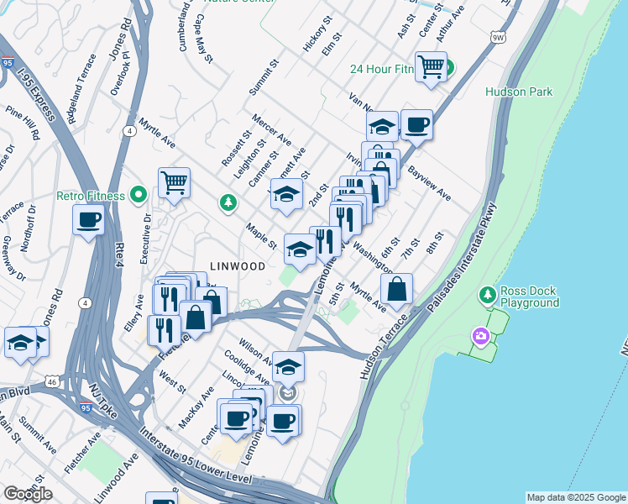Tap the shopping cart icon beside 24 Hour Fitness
coord(431,66)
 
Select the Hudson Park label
coord(519,92)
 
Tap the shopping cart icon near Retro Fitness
coord(174,181)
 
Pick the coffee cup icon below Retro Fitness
coord(88,221)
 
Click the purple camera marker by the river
coord(480,337)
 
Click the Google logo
coord(28,494)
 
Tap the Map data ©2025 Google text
coord(576,497)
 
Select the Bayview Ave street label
coord(429,186)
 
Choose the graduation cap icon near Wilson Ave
coord(288,367)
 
